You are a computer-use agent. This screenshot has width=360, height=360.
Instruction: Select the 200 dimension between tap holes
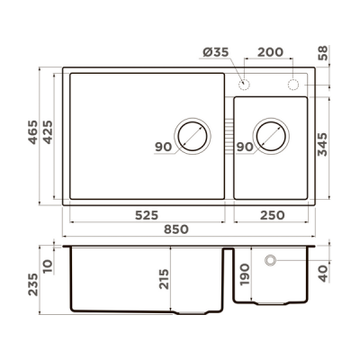click(x=269, y=53)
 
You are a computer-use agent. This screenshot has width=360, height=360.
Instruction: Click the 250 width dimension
click(x=272, y=216)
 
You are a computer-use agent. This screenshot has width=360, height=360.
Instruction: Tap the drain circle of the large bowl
click(x=191, y=136)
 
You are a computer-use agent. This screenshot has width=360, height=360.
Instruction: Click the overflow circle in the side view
click(x=270, y=260)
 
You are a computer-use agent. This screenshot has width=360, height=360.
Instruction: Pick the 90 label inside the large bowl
click(x=162, y=147)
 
